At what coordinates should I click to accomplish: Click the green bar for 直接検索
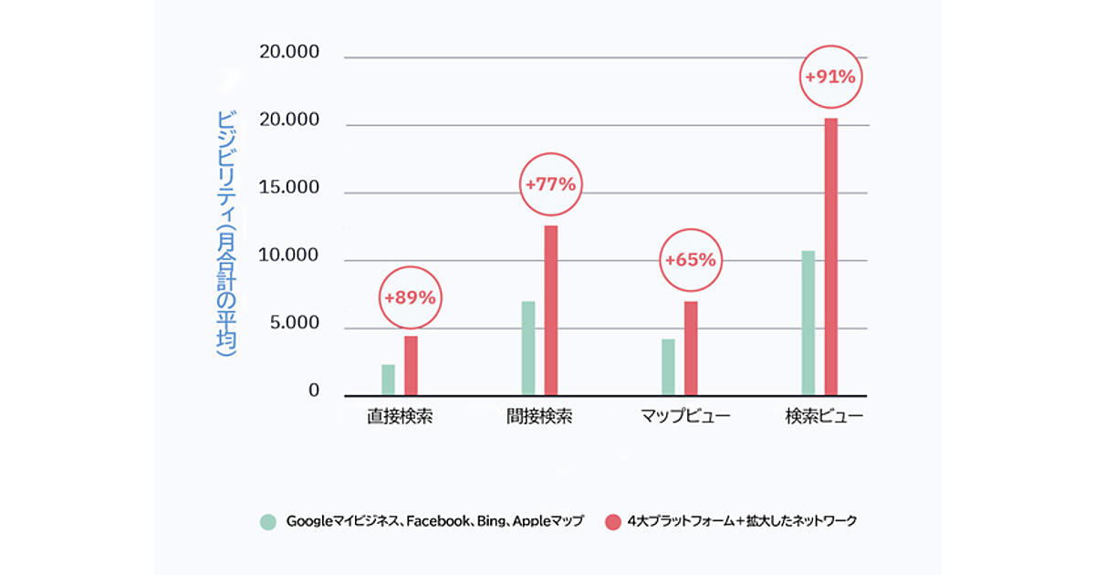click(388, 381)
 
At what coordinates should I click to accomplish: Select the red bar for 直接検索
click(411, 366)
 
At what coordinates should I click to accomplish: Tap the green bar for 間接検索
click(527, 349)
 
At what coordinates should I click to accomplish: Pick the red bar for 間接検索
click(550, 310)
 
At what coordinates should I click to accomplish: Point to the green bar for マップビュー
click(668, 368)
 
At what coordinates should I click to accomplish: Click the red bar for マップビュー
click(691, 349)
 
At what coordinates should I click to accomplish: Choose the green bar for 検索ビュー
click(808, 323)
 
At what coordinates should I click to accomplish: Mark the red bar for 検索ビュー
click(830, 257)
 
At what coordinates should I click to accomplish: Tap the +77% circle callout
click(550, 184)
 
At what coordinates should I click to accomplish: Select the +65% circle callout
click(691, 260)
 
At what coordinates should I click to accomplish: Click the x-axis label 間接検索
click(539, 417)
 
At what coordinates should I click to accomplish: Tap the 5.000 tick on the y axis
click(290, 324)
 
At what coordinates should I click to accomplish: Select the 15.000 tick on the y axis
click(290, 189)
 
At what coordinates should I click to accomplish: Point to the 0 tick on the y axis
click(314, 392)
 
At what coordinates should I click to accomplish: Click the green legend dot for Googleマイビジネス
click(267, 522)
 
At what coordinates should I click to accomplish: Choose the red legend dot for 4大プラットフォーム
click(612, 522)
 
